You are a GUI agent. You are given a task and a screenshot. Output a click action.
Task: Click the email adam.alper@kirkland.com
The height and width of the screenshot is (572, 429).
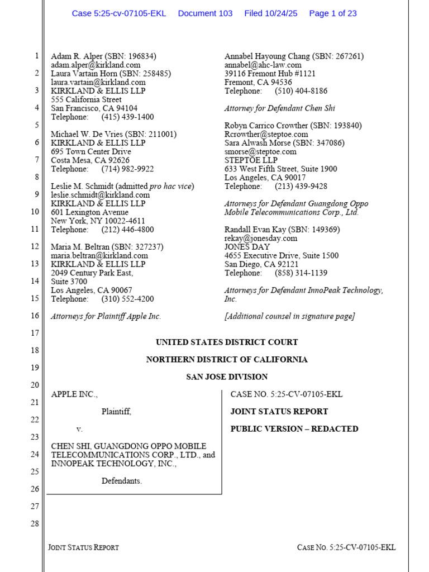click(x=96, y=65)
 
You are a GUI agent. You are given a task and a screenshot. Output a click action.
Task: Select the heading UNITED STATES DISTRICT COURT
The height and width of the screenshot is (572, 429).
click(x=226, y=342)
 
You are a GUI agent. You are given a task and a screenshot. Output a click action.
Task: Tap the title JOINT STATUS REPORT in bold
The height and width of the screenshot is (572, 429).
click(x=279, y=412)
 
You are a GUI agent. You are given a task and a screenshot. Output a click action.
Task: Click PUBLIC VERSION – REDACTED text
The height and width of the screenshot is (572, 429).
click(x=294, y=429)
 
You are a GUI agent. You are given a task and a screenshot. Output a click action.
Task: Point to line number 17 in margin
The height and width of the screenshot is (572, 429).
click(x=35, y=333)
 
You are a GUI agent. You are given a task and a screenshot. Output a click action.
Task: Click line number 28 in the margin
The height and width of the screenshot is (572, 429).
click(x=35, y=523)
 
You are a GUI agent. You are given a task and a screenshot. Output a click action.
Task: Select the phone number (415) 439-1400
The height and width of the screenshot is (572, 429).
click(x=127, y=117)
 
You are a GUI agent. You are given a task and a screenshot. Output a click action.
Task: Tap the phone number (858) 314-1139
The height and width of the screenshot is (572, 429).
click(x=301, y=273)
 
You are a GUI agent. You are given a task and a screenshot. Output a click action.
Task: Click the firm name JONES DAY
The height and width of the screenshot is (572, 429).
click(x=247, y=247)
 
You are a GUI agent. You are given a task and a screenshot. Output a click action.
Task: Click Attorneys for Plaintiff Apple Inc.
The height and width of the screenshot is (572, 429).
click(x=106, y=316)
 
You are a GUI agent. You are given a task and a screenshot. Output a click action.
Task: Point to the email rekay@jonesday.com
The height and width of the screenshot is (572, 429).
click(x=261, y=239)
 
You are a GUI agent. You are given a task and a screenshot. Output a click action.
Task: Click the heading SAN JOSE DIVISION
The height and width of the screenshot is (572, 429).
click(x=226, y=377)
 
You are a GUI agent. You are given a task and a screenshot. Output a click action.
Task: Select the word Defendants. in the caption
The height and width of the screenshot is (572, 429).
click(x=121, y=481)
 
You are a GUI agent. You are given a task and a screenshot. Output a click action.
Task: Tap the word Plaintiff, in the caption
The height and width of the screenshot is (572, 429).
click(x=116, y=412)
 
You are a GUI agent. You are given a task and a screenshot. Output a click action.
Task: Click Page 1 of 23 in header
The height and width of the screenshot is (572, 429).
click(x=332, y=13)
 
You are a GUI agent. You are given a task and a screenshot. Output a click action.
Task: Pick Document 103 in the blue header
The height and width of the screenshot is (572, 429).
click(x=205, y=13)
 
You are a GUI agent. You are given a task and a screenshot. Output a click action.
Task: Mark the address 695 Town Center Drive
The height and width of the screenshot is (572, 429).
click(x=91, y=151)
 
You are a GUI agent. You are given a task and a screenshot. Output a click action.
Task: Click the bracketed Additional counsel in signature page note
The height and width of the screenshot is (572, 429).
click(x=289, y=316)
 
